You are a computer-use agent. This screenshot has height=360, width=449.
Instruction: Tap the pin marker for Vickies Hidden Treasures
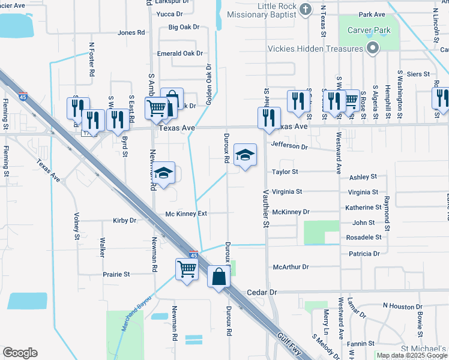point(373,48)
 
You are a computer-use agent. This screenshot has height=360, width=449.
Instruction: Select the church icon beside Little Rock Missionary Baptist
point(306,9)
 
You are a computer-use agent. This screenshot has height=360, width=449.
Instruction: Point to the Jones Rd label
point(131,32)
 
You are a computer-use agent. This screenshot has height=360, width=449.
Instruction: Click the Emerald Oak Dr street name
point(180,53)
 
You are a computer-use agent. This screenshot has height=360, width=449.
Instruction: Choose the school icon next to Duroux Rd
point(244,155)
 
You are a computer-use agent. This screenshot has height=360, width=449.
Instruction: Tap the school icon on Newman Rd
point(163,173)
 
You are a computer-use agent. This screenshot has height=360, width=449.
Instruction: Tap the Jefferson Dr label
point(289,146)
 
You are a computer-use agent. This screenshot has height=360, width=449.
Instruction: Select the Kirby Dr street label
point(125,221)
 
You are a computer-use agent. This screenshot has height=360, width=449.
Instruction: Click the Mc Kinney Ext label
point(186,214)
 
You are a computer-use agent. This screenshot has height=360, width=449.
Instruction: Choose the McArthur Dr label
point(290,266)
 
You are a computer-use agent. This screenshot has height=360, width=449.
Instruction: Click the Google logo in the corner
point(20,353)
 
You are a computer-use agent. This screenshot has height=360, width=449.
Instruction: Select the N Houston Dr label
point(402,306)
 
